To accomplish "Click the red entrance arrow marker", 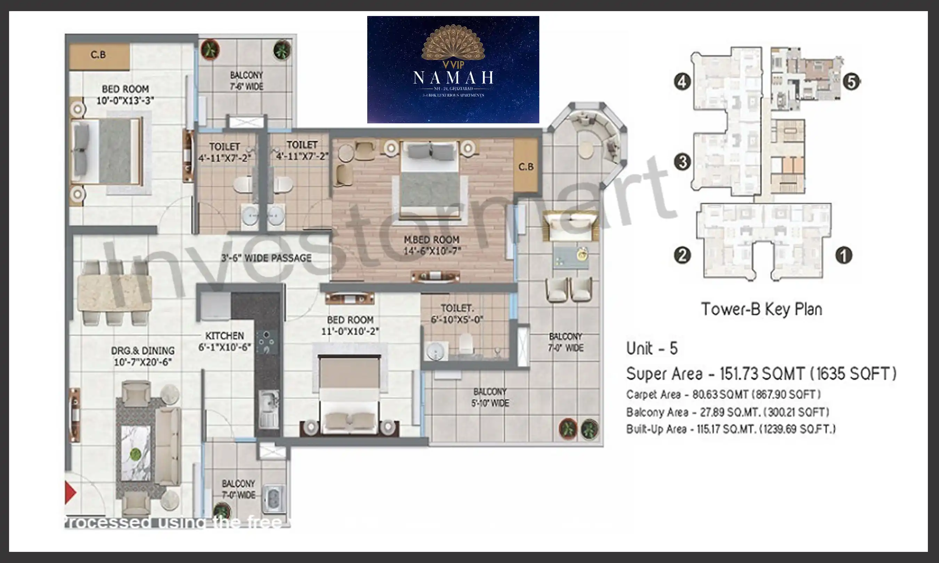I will coord(70,492).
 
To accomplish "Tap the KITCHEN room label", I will coord(224,336).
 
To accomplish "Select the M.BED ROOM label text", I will coord(432,240).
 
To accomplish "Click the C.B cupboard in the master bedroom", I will coord(526,166).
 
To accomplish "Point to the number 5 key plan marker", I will coord(851,82).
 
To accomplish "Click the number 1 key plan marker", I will coord(843,255).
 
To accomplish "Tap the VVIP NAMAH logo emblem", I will coord(453,44).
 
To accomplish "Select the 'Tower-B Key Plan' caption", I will coord(761,309).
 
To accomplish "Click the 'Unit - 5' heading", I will coord(652,348).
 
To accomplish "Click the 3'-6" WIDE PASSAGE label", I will coord(266,258).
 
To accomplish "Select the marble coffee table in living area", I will coord(136,453).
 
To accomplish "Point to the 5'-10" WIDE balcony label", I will coord(490,397).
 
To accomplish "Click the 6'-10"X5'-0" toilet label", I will coord(457,319).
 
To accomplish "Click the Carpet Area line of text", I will coord(723,394).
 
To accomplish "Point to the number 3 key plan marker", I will coord(682,162).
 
